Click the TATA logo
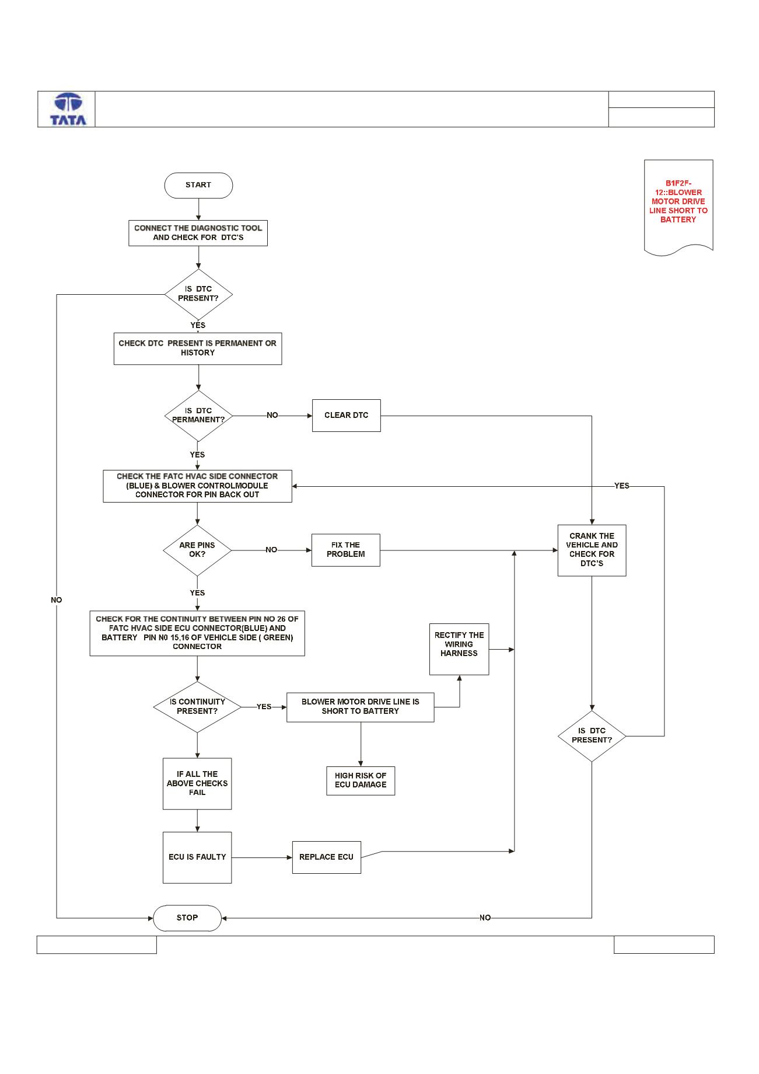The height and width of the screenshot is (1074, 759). (68, 109)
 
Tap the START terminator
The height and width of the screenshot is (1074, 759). (198, 185)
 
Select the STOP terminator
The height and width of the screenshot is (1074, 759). (187, 918)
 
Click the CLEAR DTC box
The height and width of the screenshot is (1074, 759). (346, 416)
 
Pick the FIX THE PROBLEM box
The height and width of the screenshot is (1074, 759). (346, 550)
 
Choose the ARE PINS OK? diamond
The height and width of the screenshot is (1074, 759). (197, 550)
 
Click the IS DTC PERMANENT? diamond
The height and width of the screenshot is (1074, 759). (198, 416)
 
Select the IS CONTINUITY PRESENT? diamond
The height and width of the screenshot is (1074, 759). (197, 707)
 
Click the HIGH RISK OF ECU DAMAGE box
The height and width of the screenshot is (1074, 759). (361, 780)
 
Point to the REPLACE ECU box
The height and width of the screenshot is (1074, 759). (327, 857)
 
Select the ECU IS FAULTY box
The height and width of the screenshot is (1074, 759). (197, 857)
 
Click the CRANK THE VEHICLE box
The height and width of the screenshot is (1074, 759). (592, 550)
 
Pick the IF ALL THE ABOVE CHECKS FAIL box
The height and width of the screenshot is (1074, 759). (197, 783)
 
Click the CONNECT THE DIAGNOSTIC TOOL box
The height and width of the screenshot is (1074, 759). (198, 233)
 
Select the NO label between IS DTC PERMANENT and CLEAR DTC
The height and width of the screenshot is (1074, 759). (272, 416)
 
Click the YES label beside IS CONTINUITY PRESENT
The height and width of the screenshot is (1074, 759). (264, 707)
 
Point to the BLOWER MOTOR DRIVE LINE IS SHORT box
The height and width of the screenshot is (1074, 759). (360, 707)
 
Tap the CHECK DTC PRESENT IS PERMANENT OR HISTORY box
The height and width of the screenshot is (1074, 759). (198, 348)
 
